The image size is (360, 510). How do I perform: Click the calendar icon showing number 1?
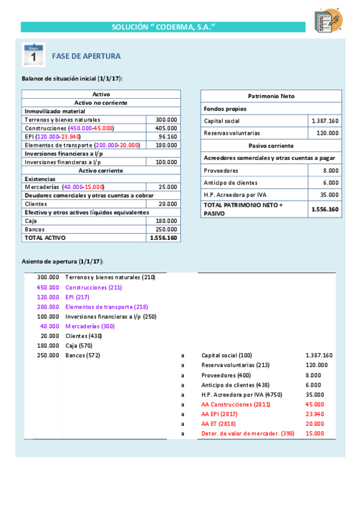(x=34, y=54)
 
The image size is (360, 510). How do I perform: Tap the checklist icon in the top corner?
(x=328, y=20)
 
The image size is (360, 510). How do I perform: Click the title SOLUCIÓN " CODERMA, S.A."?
(x=163, y=27)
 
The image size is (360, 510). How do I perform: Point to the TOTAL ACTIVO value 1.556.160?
(x=163, y=238)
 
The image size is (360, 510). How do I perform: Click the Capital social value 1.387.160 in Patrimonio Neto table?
(x=325, y=121)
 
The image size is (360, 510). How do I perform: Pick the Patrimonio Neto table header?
(x=271, y=96)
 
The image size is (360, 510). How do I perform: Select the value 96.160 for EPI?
(x=166, y=137)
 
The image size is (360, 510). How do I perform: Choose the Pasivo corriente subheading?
(x=271, y=146)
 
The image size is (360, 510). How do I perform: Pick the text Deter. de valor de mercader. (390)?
(x=248, y=433)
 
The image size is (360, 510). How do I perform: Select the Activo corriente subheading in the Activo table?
(x=101, y=170)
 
